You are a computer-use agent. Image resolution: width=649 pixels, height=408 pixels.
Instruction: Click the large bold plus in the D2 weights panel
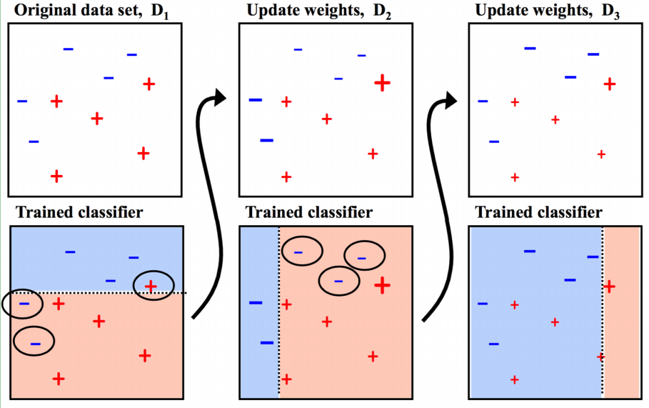[382, 83]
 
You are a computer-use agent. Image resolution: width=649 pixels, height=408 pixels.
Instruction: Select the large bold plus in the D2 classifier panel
[382, 286]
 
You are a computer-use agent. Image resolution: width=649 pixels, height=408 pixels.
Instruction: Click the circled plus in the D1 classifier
[151, 286]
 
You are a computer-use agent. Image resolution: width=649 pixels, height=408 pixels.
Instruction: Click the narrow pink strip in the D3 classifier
[622, 343]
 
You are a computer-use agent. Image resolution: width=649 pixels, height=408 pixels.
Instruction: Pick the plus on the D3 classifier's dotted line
[601, 356]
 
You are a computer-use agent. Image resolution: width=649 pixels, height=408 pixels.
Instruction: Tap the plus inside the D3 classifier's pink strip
[610, 287]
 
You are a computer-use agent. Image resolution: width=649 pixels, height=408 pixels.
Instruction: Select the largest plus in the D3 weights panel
[609, 84]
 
